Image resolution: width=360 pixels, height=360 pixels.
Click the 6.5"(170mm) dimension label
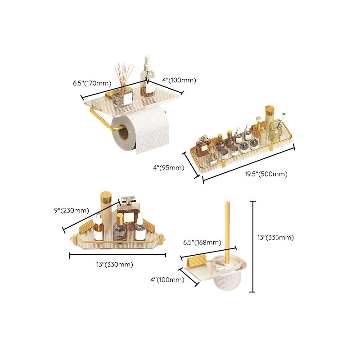pyautogui.click(x=92, y=83)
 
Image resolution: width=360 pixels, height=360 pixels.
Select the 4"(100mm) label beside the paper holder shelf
pyautogui.click(x=179, y=80)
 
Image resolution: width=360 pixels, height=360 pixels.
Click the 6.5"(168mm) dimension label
pyautogui.click(x=202, y=243)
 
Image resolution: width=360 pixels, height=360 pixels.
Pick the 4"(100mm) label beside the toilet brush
pyautogui.click(x=167, y=280)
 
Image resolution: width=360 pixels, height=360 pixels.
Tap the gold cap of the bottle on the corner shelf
pyautogui.click(x=106, y=197)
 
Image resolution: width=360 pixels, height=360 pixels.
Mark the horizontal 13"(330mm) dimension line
pyautogui.click(x=118, y=256)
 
